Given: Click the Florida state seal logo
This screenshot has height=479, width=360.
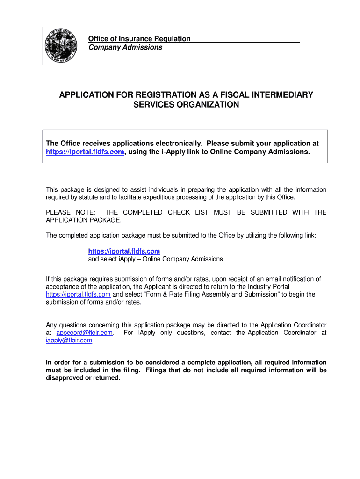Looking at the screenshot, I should point(61,46).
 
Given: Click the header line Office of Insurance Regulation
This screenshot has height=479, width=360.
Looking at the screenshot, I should point(139,39).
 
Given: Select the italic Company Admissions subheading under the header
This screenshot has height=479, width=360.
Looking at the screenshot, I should point(125,47).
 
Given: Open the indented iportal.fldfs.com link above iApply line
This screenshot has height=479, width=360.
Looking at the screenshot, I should point(124,251).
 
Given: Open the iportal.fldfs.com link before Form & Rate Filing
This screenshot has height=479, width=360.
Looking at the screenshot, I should point(78,294).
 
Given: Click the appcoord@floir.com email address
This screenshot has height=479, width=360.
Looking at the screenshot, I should point(85,333).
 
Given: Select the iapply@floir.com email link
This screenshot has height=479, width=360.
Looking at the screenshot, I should point(69,341).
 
